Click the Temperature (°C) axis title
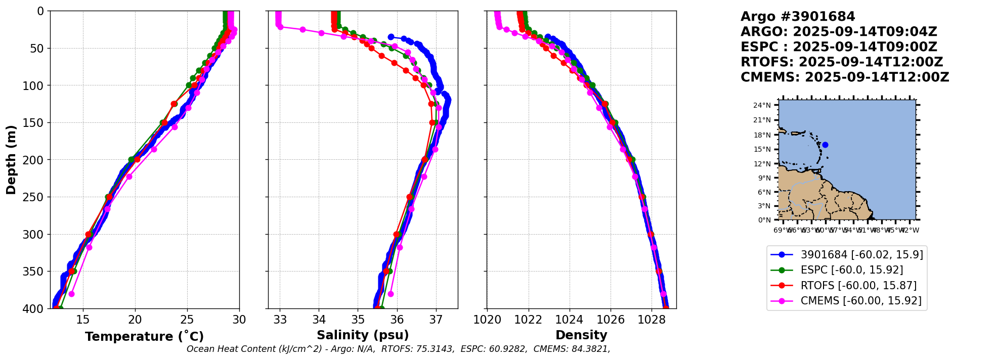144,337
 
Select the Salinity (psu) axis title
363,335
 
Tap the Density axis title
581,335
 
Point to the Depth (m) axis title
11,160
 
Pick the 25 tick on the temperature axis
187,320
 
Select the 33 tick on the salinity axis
280,320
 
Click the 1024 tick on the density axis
570,320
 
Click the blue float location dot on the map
825,145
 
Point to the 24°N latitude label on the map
762,106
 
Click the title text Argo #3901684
798,17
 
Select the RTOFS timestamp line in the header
842,62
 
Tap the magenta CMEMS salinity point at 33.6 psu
302,29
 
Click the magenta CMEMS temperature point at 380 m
71,294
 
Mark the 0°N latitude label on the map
764,220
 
